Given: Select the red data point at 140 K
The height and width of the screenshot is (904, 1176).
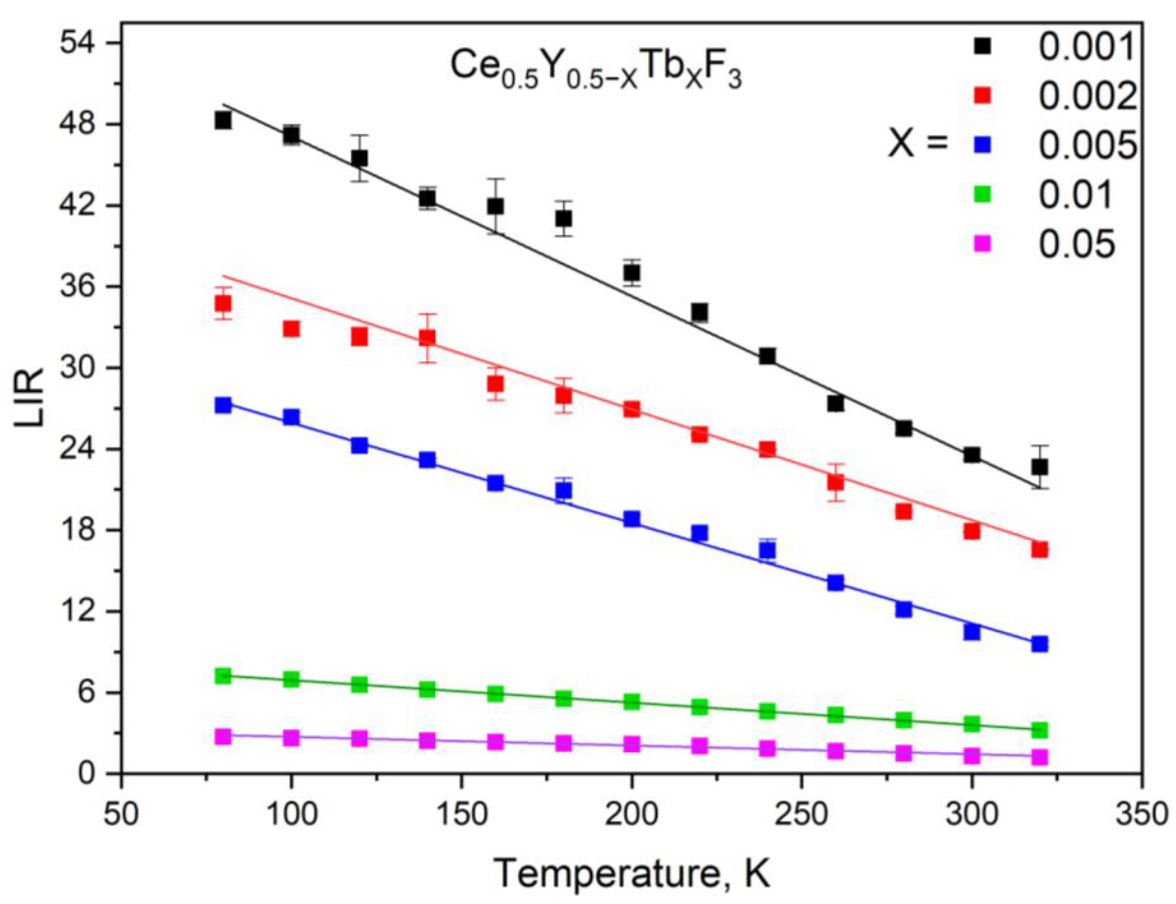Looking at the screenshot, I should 427,337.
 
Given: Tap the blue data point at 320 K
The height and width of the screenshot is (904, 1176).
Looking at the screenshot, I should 1039,644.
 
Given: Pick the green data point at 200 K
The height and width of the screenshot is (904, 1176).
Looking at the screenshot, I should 632,701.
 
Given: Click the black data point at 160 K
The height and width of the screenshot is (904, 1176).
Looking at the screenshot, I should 495,205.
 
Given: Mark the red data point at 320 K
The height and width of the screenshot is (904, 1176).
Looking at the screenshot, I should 1039,549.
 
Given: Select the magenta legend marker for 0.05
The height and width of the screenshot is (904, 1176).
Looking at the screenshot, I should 982,245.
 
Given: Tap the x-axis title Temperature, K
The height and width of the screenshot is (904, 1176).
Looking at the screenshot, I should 632,874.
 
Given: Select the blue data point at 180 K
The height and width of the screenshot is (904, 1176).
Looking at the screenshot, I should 563,490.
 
